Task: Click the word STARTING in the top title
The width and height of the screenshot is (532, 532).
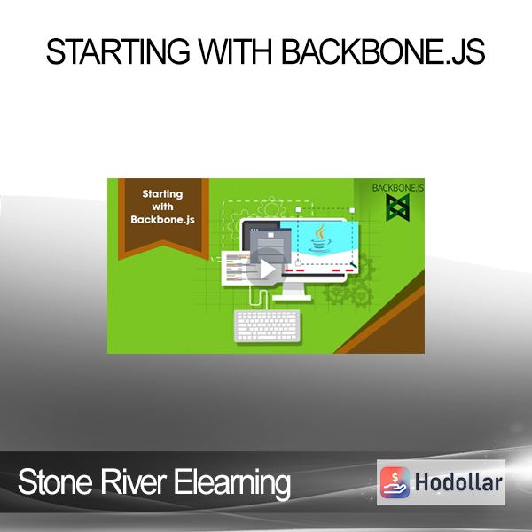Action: tap(118, 51)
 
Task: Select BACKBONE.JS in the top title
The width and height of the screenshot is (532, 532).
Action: tap(383, 51)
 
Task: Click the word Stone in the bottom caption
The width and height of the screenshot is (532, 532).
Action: tap(55, 481)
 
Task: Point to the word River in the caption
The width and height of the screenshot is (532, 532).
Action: tap(133, 481)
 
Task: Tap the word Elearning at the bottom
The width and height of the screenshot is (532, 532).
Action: tap(232, 484)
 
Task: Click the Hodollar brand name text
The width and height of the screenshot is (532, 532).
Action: tap(458, 482)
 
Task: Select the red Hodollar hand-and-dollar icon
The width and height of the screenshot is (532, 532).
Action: tap(395, 482)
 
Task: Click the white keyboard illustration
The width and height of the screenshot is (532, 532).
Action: tap(268, 325)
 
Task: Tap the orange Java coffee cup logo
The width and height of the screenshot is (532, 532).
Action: tap(319, 239)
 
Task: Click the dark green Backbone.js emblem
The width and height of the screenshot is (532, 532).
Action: tap(397, 207)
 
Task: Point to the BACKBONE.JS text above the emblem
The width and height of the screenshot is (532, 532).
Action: tap(397, 188)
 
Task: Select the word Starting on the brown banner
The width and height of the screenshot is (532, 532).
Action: tap(162, 193)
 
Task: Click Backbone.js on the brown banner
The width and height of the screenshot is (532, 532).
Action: tap(162, 220)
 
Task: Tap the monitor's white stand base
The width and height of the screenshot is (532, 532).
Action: tap(292, 298)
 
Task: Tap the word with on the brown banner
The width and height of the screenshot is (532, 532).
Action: tap(162, 207)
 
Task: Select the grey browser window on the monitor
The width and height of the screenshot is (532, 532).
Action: tap(270, 246)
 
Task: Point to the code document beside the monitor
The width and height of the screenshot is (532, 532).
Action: tap(237, 268)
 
